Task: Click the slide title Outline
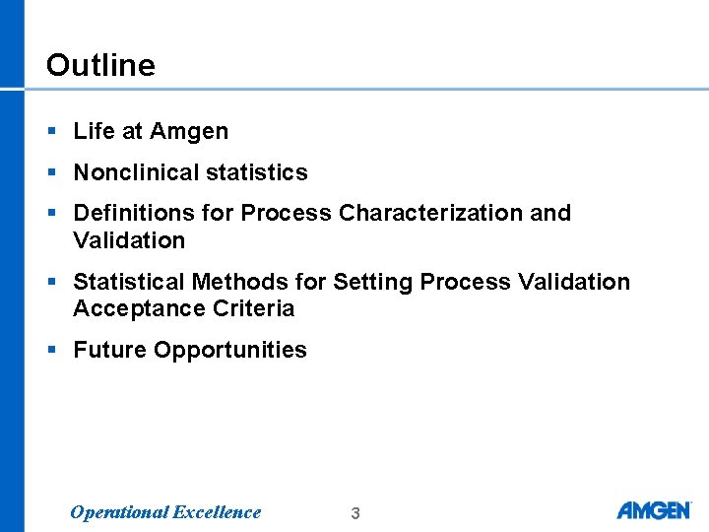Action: [x=100, y=65]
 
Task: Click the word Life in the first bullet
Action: [x=95, y=131]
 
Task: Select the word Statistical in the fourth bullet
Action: [x=129, y=282]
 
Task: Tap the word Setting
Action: [x=373, y=282]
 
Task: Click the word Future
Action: [x=110, y=350]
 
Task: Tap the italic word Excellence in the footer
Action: [x=217, y=511]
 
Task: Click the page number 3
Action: [x=355, y=513]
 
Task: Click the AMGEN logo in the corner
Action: [x=654, y=510]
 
